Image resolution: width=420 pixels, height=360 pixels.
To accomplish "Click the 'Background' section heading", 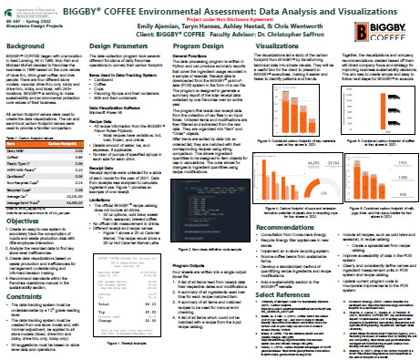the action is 29,44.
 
